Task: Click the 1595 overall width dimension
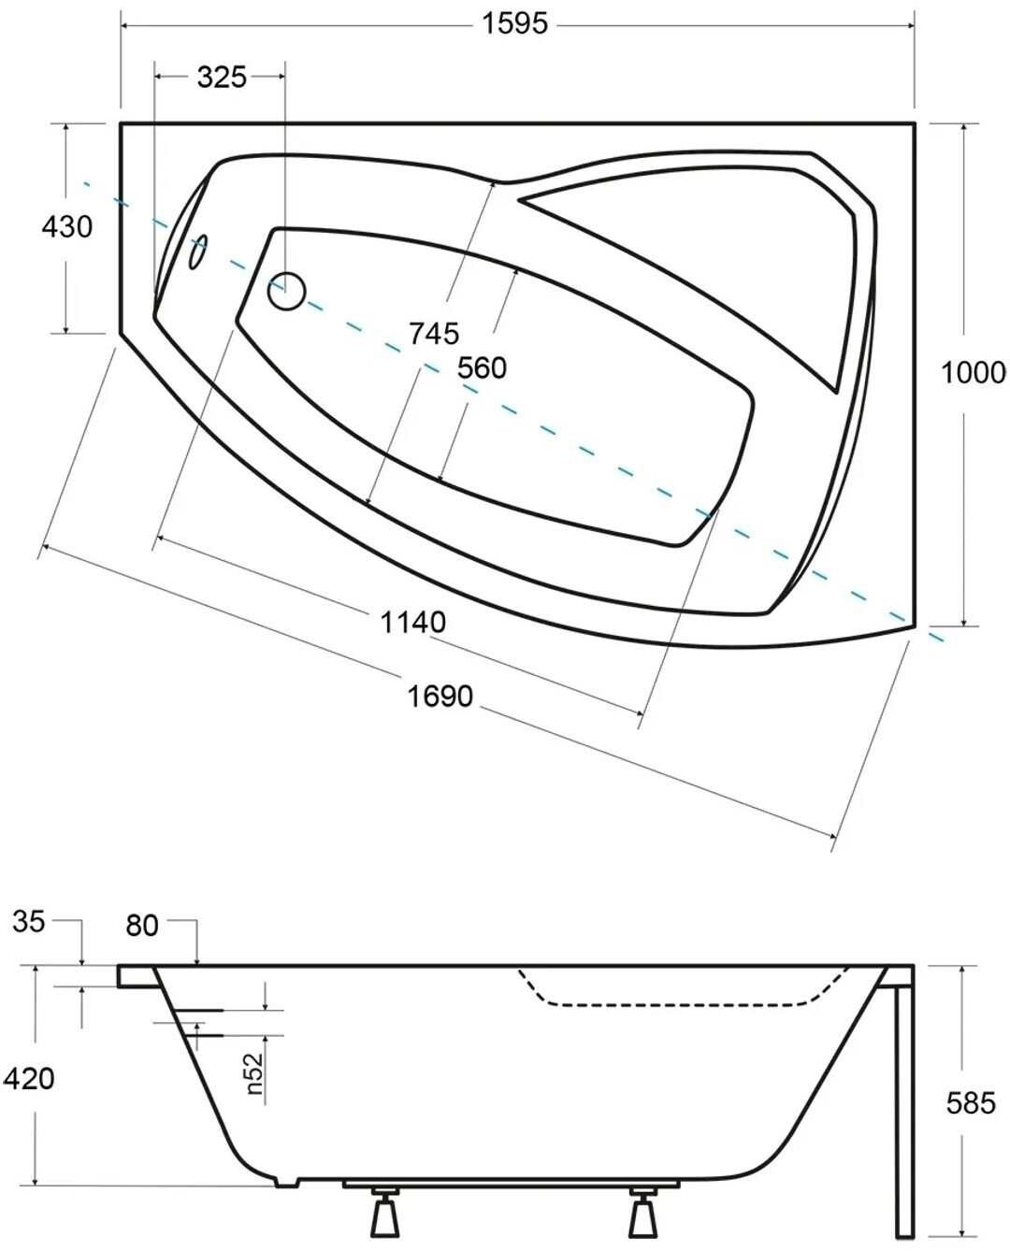coord(514,24)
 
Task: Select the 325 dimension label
coord(222,77)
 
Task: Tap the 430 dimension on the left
coord(67,226)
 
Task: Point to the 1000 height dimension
coord(973,373)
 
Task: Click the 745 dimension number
coord(434,334)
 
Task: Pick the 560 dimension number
coord(482,368)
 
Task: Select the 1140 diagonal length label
coord(413,622)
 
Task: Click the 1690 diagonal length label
coord(440,697)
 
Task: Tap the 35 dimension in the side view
coord(28,922)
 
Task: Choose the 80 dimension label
coord(141,926)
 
